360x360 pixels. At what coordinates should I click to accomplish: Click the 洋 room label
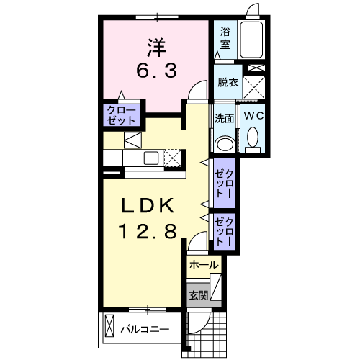tap(157, 48)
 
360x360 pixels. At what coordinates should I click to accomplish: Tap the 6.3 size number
tap(157, 71)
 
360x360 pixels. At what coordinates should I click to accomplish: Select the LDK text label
tap(148, 206)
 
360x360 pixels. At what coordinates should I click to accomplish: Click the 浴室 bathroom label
tap(225, 38)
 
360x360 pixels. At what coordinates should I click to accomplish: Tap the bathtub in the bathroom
tap(251, 40)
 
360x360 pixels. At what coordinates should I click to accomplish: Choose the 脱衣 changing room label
tap(228, 83)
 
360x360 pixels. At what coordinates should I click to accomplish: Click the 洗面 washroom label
tap(224, 118)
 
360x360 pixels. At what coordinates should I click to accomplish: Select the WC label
tap(254, 116)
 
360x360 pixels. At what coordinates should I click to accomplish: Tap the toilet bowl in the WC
tap(253, 138)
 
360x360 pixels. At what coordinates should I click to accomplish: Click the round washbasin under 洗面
tap(225, 144)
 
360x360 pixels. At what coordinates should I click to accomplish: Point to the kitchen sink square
tap(151, 158)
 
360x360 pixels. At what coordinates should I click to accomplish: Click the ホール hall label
tap(204, 265)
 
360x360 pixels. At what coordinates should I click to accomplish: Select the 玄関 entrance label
tap(199, 295)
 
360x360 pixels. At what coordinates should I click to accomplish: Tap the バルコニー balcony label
tap(145, 329)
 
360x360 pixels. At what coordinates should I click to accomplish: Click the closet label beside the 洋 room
tap(121, 115)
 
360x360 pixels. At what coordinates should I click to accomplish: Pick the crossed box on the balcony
tap(109, 326)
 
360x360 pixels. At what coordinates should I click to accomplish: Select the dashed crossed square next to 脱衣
tap(254, 88)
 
